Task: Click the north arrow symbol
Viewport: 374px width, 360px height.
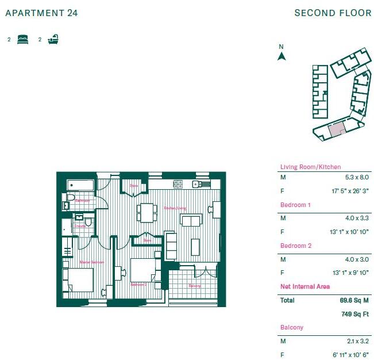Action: click(282, 56)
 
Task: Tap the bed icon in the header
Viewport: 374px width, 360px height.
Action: click(23, 40)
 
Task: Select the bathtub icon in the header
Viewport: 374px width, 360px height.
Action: click(53, 40)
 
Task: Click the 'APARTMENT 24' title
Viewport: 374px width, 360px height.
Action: click(41, 13)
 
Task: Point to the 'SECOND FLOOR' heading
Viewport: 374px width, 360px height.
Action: click(333, 13)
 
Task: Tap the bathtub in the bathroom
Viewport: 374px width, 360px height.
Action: click(80, 185)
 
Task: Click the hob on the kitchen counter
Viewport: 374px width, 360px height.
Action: click(178, 184)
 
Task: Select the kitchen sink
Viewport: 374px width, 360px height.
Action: click(196, 184)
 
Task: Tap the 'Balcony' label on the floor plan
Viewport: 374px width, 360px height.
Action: click(194, 286)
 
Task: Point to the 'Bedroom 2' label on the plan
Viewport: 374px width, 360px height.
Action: click(138, 285)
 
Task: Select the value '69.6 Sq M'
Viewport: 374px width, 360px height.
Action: click(354, 300)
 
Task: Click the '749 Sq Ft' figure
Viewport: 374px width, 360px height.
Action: click(355, 314)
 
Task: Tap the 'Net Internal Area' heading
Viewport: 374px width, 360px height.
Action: click(304, 286)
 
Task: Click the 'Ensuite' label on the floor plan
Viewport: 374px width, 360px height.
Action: click(80, 226)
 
